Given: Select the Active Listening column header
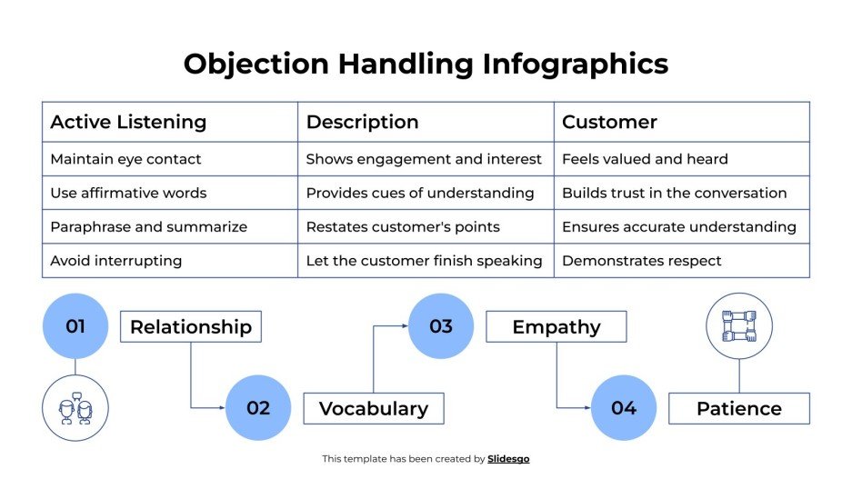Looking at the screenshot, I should (128, 122).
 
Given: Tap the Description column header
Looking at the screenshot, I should (362, 122).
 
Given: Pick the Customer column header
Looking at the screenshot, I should (609, 122).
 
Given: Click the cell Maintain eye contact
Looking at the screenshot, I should (125, 159).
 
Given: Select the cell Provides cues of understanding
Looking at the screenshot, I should (419, 193).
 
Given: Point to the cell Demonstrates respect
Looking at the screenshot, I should (641, 261).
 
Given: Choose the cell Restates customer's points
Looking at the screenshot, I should (402, 227).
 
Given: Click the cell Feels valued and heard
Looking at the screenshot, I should (645, 159).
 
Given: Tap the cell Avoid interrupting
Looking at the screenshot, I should (115, 261).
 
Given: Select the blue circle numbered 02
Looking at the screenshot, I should (258, 408).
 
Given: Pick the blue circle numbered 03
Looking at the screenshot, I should (441, 326).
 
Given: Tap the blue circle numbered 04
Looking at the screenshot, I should (624, 408).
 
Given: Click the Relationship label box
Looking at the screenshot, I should (191, 327).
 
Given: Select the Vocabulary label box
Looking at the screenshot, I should (373, 409).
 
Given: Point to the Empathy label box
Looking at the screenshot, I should (556, 327).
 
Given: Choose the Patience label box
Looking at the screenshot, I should (738, 409).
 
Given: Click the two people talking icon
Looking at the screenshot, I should (75, 408).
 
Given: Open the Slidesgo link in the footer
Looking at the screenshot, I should (508, 459).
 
